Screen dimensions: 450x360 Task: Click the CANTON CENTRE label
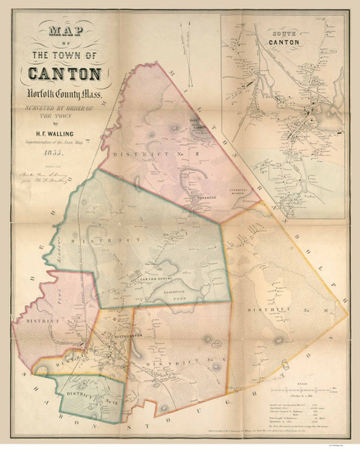(147, 279)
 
